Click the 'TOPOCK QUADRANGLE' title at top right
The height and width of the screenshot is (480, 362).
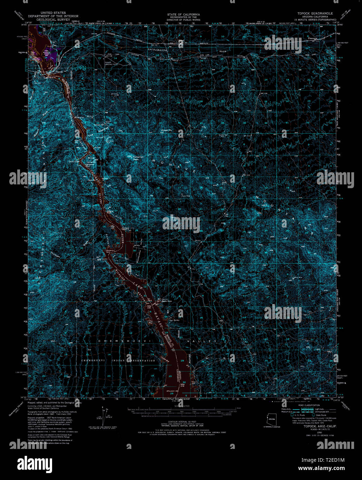click(315, 13)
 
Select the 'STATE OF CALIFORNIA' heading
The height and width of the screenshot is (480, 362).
click(183, 15)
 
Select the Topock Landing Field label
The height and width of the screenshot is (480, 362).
click(110, 64)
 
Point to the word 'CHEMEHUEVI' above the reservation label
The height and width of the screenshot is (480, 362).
click(111, 341)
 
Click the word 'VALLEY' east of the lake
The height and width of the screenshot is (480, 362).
click(202, 341)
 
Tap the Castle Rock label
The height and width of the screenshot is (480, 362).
click(167, 301)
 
